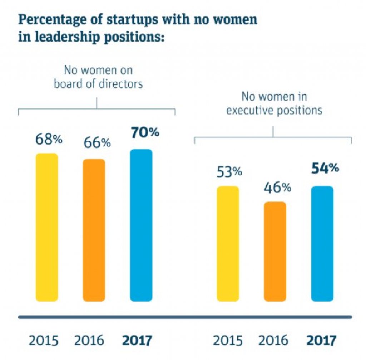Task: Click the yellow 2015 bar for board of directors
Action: coord(46,227)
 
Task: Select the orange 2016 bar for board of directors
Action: coord(94,230)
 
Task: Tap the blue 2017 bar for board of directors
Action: coord(141,225)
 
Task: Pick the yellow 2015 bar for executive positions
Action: coord(228,244)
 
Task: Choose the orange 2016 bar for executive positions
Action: coord(275,252)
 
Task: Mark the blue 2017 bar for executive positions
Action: coord(322,244)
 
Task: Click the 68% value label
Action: coord(49,139)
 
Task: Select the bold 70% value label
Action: coord(145,132)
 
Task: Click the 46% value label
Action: coord(277,188)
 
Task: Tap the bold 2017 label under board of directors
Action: coord(137,340)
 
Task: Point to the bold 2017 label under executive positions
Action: coord(321,340)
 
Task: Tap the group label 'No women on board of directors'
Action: coord(98,77)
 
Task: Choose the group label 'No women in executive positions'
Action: coord(274,103)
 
